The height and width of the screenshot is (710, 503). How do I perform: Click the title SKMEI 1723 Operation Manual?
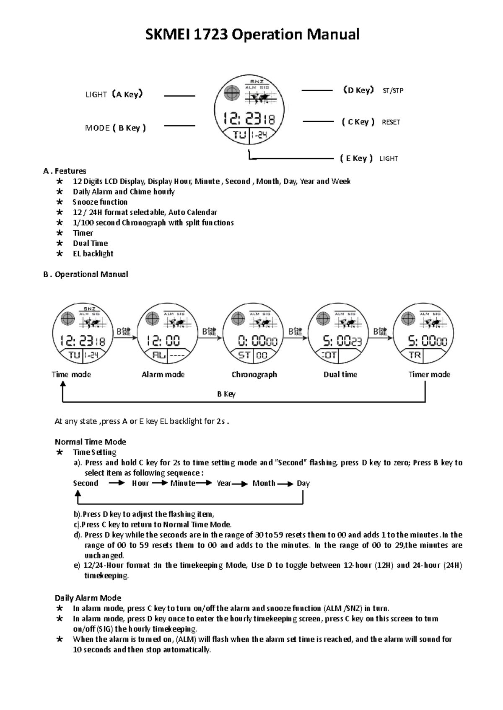(252, 34)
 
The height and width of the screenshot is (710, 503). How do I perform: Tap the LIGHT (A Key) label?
(114, 94)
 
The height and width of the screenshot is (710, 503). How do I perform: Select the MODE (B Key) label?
(115, 128)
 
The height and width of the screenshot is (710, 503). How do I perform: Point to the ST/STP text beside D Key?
(393, 90)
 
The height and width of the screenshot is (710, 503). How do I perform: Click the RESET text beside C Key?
(391, 122)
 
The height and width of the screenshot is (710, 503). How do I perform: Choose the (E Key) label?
(356, 158)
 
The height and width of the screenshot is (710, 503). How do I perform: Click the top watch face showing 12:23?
(249, 110)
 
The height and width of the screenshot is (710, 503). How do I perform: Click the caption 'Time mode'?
(71, 374)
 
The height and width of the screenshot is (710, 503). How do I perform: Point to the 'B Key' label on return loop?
(226, 394)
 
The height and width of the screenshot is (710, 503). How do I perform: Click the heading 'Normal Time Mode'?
(90, 442)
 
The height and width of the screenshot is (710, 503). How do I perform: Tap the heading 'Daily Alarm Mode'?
(88, 598)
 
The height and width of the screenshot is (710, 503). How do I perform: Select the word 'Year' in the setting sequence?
(224, 483)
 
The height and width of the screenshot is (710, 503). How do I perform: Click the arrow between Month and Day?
(285, 484)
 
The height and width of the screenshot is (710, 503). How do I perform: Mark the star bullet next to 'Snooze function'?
(60, 202)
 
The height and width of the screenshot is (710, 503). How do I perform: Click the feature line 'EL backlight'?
(93, 254)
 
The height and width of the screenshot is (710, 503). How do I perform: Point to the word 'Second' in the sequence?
(86, 483)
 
